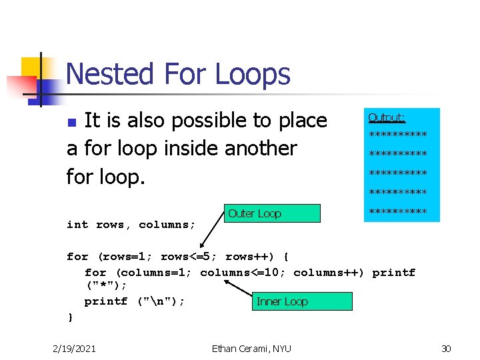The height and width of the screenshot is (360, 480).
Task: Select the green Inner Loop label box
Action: pos(303,301)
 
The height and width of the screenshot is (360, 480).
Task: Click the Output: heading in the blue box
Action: pos(387,118)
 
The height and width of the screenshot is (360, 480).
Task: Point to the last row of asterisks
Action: pos(398,212)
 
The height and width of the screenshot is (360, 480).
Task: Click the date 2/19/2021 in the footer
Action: pos(74,348)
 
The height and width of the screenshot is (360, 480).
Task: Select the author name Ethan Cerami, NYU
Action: pos(251,348)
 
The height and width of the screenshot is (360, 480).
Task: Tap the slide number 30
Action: pos(446,348)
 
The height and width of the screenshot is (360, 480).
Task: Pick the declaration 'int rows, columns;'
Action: pos(131,225)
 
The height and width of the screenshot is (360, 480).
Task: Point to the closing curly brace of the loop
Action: pos(71,317)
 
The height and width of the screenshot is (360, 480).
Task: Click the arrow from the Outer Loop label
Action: pos(215,230)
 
